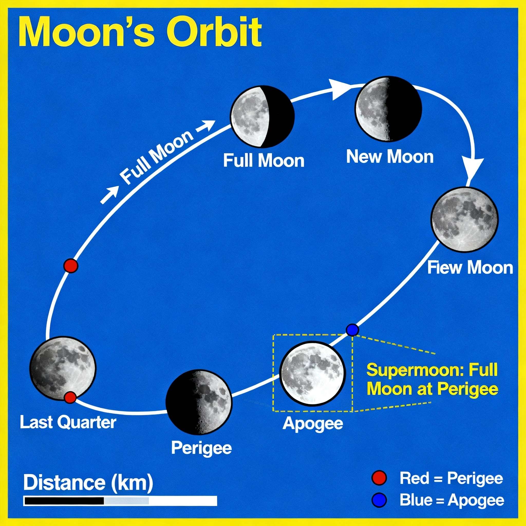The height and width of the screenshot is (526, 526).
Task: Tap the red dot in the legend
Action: tap(379, 478)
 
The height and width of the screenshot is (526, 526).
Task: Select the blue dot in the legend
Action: tap(379, 500)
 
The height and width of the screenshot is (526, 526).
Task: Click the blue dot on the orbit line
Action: tap(352, 330)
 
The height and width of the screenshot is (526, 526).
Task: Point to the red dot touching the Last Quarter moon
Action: tap(70, 397)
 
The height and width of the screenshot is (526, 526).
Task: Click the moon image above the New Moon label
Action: tap(388, 109)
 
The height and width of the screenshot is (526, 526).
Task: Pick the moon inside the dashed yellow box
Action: tap(312, 373)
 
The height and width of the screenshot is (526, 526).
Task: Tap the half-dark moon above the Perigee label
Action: tap(199, 402)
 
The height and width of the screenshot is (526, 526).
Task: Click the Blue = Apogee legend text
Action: tap(452, 500)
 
